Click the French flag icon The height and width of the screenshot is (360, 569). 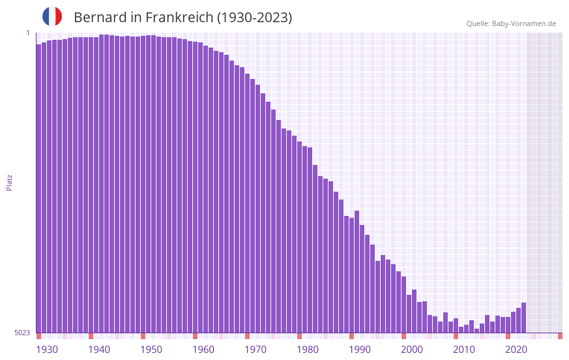pyautogui.click(x=52, y=16)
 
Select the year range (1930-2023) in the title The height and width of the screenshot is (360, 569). pyautogui.click(x=255, y=18)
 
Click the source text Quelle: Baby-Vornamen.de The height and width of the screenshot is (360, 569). pyautogui.click(x=511, y=23)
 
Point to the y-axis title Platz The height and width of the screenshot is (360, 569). pyautogui.click(x=9, y=182)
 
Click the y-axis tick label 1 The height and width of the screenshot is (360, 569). pyautogui.click(x=27, y=33)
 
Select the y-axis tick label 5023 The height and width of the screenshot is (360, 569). pyautogui.click(x=22, y=333)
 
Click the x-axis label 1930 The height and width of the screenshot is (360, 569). pyautogui.click(x=47, y=350)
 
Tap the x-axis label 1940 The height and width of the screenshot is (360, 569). pyautogui.click(x=99, y=350)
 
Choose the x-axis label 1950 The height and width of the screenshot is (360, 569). pyautogui.click(x=151, y=350)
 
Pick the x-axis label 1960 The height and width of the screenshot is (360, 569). pyautogui.click(x=203, y=350)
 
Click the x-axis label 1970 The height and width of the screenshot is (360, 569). pyautogui.click(x=255, y=350)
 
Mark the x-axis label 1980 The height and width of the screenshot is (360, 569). pyautogui.click(x=308, y=350)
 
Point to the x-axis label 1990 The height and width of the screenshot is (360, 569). pyautogui.click(x=360, y=350)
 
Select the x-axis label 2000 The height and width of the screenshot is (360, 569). pyautogui.click(x=412, y=350)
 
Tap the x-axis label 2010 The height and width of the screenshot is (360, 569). pyautogui.click(x=464, y=350)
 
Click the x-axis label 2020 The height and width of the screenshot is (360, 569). pyautogui.click(x=516, y=350)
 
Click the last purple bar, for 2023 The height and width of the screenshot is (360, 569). pyautogui.click(x=523, y=318)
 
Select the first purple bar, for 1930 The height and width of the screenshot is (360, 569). pyautogui.click(x=38, y=189)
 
